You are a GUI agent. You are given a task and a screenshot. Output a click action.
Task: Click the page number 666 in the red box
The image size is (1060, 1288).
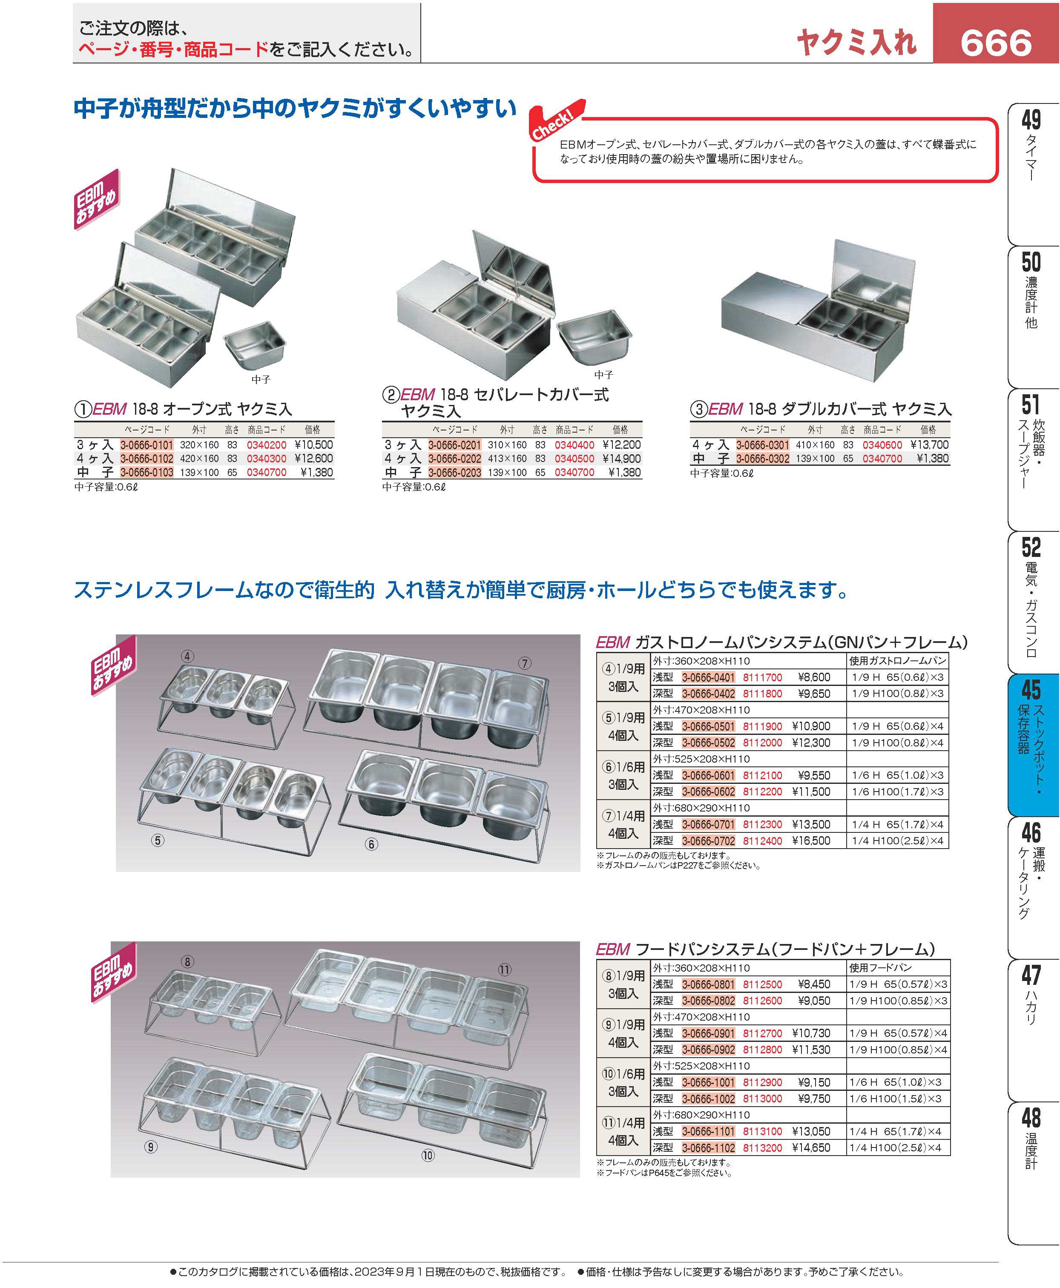pos(996,43)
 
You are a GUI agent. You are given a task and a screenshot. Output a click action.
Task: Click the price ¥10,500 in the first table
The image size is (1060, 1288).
pos(313,445)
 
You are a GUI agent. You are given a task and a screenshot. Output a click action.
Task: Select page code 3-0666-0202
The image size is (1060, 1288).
pos(454,459)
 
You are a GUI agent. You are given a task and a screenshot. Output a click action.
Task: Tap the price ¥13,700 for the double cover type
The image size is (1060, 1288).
pos(929,445)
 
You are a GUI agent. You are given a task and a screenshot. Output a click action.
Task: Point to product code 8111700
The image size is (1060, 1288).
pos(762,677)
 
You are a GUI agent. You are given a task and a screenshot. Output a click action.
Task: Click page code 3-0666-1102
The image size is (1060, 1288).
pos(708,1147)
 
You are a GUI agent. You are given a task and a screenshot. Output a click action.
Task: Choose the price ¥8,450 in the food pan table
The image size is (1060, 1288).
pos(814,984)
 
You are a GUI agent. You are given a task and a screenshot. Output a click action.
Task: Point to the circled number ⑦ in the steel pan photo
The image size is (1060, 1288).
pos(525,663)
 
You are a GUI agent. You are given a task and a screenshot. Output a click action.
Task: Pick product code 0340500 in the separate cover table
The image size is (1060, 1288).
pos(575,459)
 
